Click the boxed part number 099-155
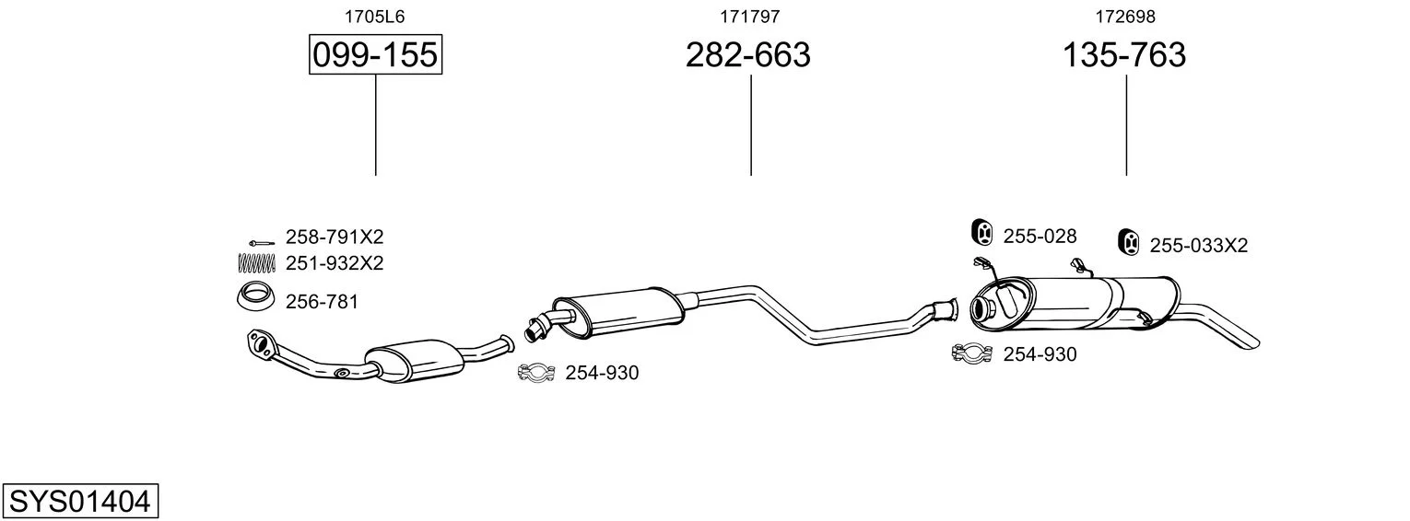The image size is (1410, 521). point(375,54)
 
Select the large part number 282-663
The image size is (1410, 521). point(747,54)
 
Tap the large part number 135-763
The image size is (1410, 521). point(1124,54)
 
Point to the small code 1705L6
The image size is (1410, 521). point(374,17)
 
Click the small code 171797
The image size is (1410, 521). point(749,17)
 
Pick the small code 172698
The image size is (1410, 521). point(1125,17)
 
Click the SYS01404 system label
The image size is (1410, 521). point(80,502)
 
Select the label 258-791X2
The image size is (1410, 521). point(335,237)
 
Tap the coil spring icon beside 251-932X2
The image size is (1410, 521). point(257,262)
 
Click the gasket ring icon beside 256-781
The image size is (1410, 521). point(256,297)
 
